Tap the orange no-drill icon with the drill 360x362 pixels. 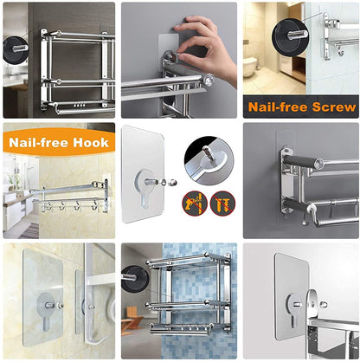point(190,203)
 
